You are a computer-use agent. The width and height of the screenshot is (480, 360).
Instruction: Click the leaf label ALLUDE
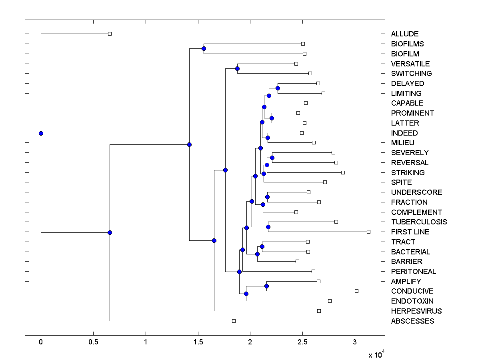pos(405,34)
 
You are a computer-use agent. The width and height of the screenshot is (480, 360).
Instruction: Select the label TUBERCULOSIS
pos(419,222)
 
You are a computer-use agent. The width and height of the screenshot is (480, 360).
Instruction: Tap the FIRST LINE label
pos(410,232)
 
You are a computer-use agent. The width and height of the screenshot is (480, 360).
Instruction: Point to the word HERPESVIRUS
pos(416,311)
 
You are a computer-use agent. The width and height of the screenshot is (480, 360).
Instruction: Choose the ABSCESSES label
pos(412,321)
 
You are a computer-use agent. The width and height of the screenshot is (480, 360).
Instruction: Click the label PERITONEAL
pos(414,272)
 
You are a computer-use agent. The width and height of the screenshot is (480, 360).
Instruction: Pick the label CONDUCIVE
pos(412,291)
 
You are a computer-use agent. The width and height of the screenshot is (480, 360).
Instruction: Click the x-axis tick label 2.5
pos(302,342)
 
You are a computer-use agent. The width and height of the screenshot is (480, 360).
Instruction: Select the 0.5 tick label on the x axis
pos(93,342)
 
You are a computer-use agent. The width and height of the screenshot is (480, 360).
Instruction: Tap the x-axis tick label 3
pos(355,342)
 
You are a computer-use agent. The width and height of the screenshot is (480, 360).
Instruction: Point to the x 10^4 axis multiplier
pos(376,354)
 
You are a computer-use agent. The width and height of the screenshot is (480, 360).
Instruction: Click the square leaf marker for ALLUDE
pos(110,34)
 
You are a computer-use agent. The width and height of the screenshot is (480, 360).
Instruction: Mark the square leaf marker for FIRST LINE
pos(369,232)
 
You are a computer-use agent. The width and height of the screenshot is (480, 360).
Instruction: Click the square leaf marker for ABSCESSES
pos(234,321)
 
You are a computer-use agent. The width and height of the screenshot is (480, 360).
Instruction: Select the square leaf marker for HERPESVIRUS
pos(319,311)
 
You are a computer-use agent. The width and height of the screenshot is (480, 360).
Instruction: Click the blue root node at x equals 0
pos(41,133)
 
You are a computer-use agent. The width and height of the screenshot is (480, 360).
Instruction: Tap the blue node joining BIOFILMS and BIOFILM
pos(204,48)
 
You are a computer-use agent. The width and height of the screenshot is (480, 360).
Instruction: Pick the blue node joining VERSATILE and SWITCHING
pos(237,68)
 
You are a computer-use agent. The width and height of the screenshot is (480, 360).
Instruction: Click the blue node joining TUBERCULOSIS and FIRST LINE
pos(268,227)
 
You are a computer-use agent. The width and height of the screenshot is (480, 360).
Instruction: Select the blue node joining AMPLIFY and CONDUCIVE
pos(266,286)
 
